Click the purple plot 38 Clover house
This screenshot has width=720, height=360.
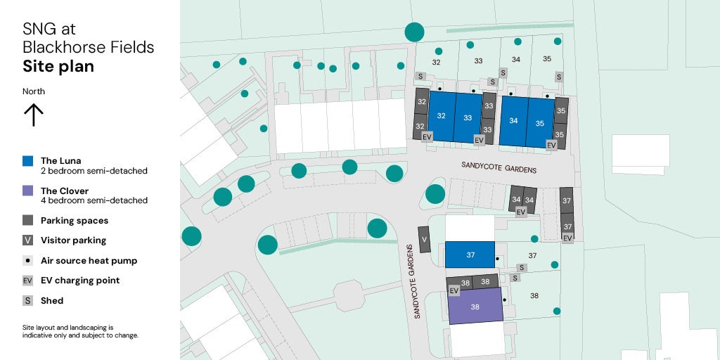coord(475,306)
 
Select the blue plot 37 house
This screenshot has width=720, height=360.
coord(470,255)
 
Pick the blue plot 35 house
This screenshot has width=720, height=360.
coord(540,122)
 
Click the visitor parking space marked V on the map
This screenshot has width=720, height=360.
coord(424,239)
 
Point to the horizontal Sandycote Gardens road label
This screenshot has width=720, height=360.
coord(499,169)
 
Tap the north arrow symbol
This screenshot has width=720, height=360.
coord(33,114)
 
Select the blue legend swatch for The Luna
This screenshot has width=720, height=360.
coord(28,161)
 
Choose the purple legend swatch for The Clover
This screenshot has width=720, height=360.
coord(28,191)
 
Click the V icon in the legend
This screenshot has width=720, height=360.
coord(28,240)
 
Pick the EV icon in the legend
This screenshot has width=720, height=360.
coord(28,281)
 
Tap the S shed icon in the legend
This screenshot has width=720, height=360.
coord(28,300)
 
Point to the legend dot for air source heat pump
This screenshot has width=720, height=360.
coord(28,260)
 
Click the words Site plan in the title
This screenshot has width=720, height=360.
coord(58,67)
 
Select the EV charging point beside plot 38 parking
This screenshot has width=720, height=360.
coord(454,290)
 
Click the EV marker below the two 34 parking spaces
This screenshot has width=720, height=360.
coord(521,212)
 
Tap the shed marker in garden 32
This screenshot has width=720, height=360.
coord(421,76)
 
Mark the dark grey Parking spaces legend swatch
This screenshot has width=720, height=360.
coord(28,220)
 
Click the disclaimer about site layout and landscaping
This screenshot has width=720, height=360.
coord(80,331)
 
